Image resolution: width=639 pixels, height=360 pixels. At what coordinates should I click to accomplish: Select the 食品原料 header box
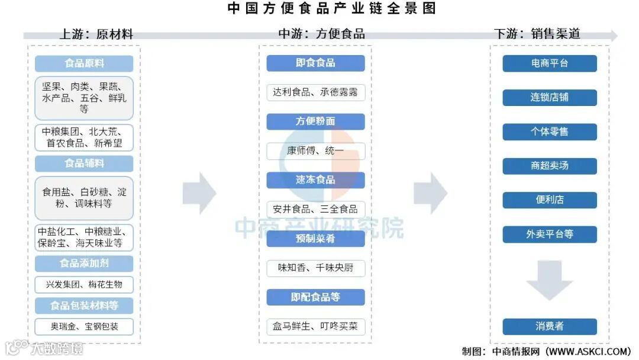84,63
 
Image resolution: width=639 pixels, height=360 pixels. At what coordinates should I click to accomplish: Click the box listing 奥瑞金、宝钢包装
84,326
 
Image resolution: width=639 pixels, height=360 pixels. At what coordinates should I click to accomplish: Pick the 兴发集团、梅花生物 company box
84,284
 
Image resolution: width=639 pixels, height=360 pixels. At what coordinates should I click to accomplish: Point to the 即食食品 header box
315,63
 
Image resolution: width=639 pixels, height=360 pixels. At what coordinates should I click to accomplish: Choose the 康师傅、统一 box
315,150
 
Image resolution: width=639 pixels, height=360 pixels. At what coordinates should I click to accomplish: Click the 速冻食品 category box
315,180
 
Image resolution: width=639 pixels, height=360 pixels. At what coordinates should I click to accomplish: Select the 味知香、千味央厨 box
315,268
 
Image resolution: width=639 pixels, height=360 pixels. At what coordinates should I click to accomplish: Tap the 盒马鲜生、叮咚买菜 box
315,326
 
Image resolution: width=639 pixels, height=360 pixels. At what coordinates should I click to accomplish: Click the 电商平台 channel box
550,63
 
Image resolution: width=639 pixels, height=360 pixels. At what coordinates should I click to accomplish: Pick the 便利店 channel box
550,200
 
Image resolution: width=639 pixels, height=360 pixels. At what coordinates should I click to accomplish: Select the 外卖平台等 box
550,234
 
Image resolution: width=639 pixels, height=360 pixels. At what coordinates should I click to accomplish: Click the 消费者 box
550,326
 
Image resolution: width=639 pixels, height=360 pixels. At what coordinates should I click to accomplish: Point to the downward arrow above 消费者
550,280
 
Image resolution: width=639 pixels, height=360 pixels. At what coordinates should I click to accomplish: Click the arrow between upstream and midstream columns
199,193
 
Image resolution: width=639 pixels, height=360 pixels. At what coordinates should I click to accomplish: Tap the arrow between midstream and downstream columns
430,193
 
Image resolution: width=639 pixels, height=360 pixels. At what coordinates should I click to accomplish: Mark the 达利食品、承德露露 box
315,92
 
